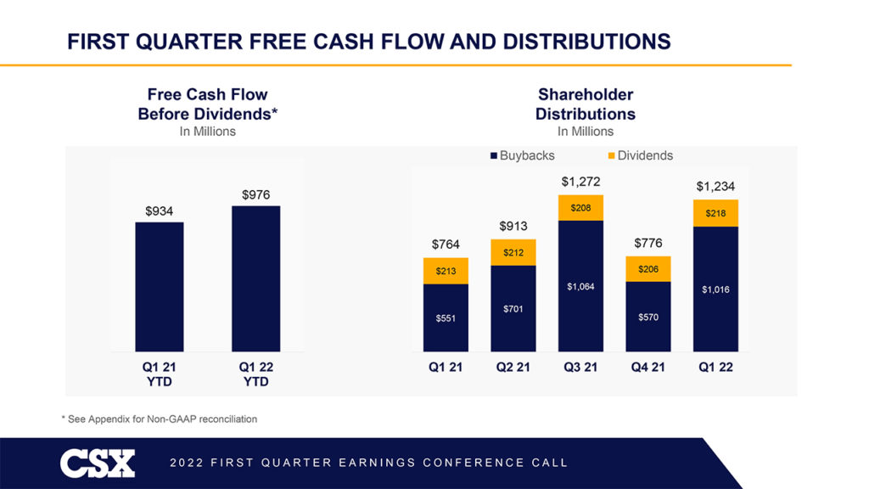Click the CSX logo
click(x=97, y=464)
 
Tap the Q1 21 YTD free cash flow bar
click(x=160, y=286)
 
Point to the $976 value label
click(x=255, y=195)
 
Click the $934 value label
click(x=160, y=211)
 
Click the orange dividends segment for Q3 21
click(x=581, y=208)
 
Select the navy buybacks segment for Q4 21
click(x=648, y=316)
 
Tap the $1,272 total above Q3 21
click(x=581, y=182)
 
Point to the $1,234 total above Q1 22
click(x=715, y=187)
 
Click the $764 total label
click(x=446, y=244)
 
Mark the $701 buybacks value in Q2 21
click(x=513, y=309)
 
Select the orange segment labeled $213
click(x=446, y=271)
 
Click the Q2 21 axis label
click(x=513, y=368)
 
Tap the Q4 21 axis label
click(x=648, y=368)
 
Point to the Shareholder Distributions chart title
click(x=585, y=104)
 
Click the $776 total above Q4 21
click(x=648, y=244)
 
